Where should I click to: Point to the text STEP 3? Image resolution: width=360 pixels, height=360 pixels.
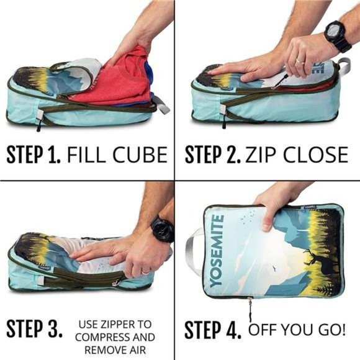click(x=34, y=328)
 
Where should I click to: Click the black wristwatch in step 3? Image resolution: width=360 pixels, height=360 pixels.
click(x=162, y=228)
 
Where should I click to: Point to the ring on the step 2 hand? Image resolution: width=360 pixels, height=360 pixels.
click(x=300, y=61)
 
